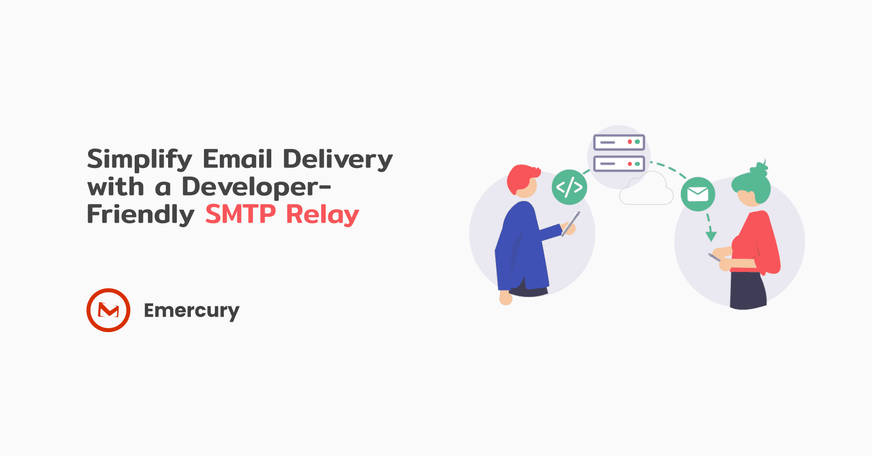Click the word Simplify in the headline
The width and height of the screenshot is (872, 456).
(140, 159)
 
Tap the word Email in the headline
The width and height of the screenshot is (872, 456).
(237, 159)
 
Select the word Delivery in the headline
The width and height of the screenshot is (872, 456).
(337, 159)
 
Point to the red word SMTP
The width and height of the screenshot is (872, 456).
(240, 214)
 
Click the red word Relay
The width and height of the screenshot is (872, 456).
(322, 214)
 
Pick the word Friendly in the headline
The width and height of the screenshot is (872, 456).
(140, 214)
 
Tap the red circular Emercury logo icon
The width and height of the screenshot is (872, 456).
(109, 310)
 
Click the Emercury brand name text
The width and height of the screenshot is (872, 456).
(191, 311)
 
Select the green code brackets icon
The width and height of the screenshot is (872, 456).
(569, 187)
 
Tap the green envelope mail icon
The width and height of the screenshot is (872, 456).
(698, 194)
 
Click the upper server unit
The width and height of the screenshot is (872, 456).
(619, 142)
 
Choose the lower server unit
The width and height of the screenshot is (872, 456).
(619, 164)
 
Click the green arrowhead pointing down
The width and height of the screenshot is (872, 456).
(711, 236)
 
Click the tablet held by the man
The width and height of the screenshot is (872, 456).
(571, 224)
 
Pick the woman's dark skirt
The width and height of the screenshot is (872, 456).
(747, 290)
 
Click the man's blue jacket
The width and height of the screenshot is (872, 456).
(521, 247)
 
